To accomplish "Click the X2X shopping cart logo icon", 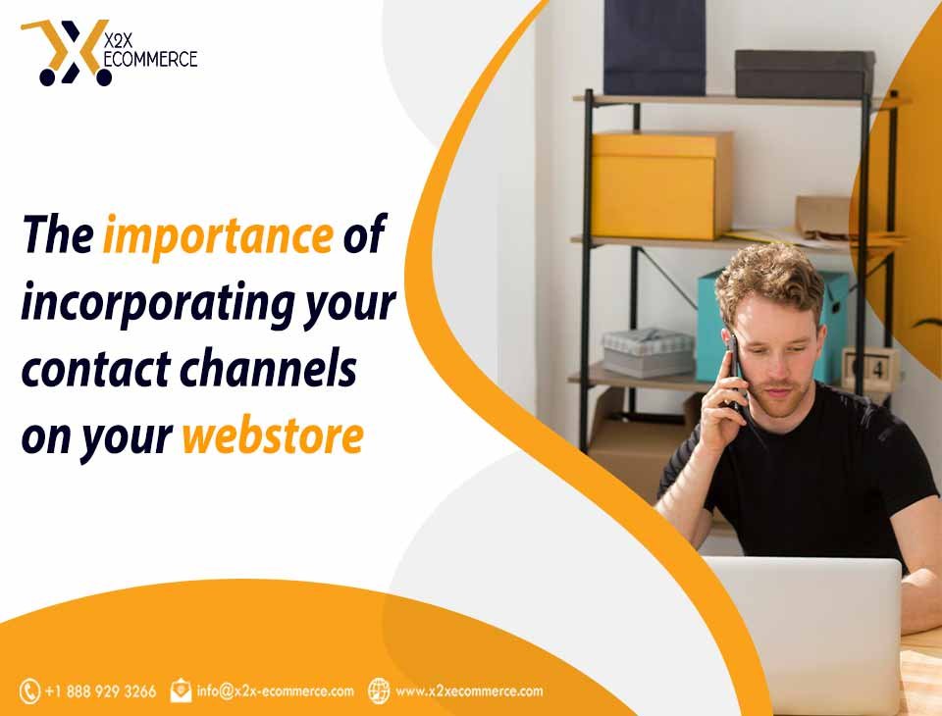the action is pos(66,53).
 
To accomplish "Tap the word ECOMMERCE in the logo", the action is pos(150,59).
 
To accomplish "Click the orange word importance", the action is pos(218,235).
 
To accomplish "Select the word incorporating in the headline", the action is pos(158,303).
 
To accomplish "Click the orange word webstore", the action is pos(273,435).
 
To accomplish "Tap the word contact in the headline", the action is pos(96,370).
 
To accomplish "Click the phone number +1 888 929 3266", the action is pos(100,691).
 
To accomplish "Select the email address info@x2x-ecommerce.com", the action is pos(275,690).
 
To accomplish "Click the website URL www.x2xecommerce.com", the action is pos(469,690).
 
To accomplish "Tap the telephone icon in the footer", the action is pos(29,691).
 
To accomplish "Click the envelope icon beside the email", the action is pos(181,690).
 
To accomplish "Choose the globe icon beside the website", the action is pos(379,690).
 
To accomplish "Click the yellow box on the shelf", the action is pos(661,185).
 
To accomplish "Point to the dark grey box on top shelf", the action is pos(805,74).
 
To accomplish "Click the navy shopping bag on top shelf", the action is pos(654,47).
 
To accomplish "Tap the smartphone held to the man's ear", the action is pos(735,368).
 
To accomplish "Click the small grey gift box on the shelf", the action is pos(649,352).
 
